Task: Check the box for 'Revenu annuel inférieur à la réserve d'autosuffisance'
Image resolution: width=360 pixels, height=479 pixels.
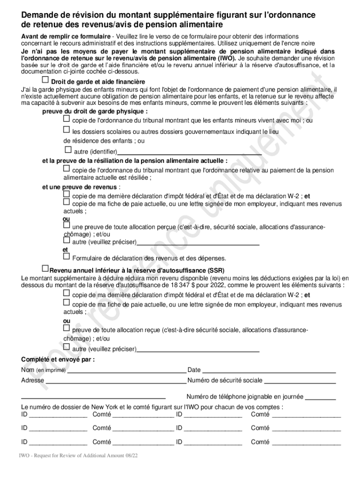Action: coord(45,269)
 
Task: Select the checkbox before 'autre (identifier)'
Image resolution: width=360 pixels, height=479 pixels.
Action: coord(68,150)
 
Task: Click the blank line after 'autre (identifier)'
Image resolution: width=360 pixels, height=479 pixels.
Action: coord(189,152)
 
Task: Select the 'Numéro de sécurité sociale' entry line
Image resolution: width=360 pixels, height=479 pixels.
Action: coord(300,381)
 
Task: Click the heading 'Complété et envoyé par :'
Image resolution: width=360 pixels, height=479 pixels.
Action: coord(58,359)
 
